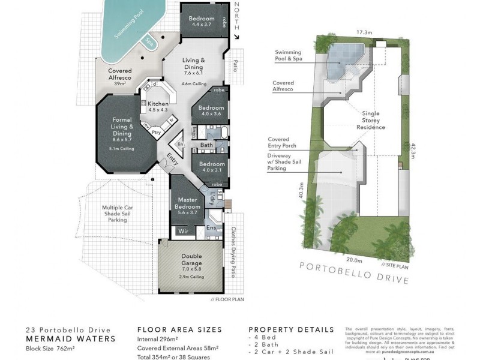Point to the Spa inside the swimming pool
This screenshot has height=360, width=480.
pyautogui.click(x=147, y=42)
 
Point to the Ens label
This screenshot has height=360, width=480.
pyautogui.click(x=210, y=228)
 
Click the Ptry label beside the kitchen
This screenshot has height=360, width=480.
pyautogui.click(x=156, y=133)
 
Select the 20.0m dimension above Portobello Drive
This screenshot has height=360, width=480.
pyautogui.click(x=354, y=260)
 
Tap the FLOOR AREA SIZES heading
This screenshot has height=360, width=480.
pyautogui.click(x=179, y=329)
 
